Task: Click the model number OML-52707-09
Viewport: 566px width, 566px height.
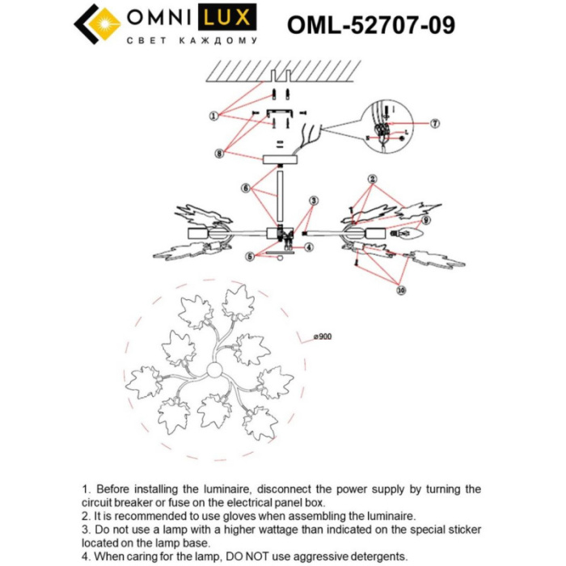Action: pyautogui.click(x=370, y=24)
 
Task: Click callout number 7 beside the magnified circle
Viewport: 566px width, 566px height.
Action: pyautogui.click(x=434, y=124)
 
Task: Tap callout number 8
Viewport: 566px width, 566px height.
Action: pyautogui.click(x=219, y=151)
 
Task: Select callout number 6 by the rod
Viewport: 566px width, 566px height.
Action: pyautogui.click(x=244, y=187)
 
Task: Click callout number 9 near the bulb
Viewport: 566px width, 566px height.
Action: pyautogui.click(x=425, y=219)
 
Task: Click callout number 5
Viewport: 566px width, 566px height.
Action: pyautogui.click(x=251, y=256)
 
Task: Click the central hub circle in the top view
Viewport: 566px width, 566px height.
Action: pyautogui.click(x=216, y=371)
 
